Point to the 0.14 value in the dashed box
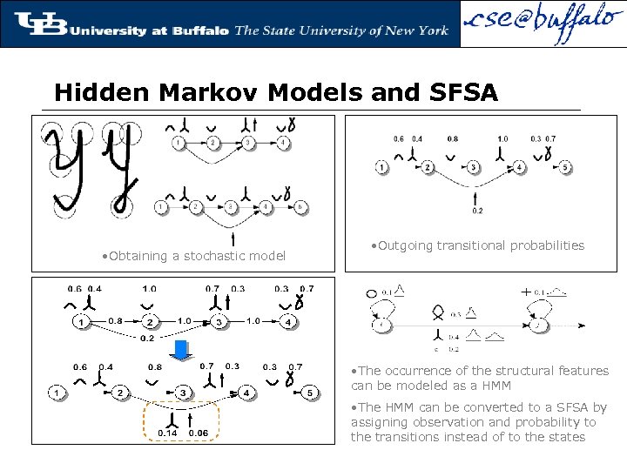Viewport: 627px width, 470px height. coord(166,433)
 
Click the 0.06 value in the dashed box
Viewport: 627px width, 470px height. coord(198,433)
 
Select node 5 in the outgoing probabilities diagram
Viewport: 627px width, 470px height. coord(564,167)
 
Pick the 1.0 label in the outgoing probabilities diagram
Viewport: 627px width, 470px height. coord(502,138)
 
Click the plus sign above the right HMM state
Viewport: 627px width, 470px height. coord(525,292)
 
